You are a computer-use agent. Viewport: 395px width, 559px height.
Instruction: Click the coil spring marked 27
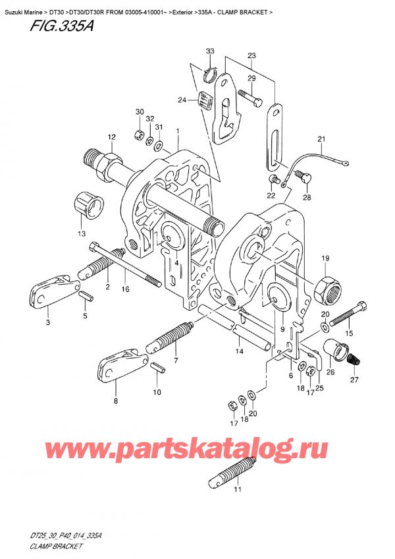355,360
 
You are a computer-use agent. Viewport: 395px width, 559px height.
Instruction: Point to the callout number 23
251,56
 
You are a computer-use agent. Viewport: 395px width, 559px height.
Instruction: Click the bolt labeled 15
348,314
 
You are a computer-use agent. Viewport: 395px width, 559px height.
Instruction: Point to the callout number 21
321,139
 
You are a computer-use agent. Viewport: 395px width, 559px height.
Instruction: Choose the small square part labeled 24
204,101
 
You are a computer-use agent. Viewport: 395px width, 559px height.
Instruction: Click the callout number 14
240,352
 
